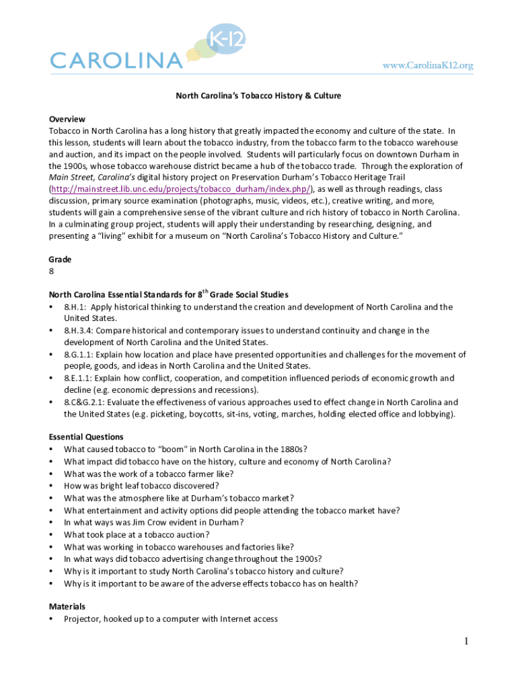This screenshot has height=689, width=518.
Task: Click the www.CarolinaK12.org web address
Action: pyautogui.click(x=428, y=65)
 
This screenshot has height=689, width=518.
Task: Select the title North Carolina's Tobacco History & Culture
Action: pyautogui.click(x=258, y=96)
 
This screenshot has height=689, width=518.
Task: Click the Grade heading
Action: pyautogui.click(x=60, y=259)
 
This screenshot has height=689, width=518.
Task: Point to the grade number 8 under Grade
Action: pyautogui.click(x=51, y=271)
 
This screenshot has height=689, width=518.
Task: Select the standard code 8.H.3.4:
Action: pyautogui.click(x=79, y=330)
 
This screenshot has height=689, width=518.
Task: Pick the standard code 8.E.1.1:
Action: pyautogui.click(x=79, y=378)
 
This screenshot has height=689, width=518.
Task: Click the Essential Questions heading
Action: pyautogui.click(x=85, y=437)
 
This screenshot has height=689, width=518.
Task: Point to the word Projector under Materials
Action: pyautogui.click(x=81, y=618)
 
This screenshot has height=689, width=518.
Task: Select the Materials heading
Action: pyautogui.click(x=67, y=606)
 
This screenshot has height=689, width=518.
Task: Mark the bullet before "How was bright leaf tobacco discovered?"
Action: pyautogui.click(x=52, y=485)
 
